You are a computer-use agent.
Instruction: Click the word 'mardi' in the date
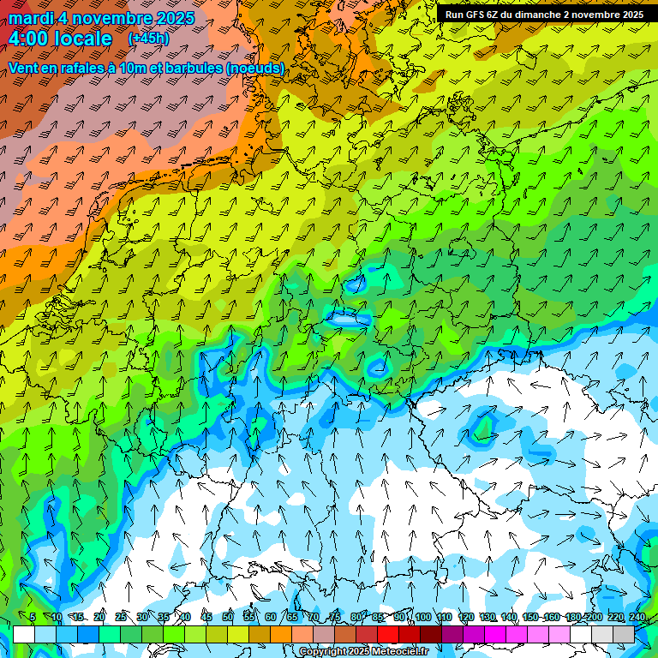31,17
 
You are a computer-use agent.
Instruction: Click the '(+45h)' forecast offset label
148,39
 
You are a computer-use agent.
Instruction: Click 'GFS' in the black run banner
477,15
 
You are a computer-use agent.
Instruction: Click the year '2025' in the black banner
630,15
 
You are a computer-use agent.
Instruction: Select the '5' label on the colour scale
33,617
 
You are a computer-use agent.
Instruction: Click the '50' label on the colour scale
228,617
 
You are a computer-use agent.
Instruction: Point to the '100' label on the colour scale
422,617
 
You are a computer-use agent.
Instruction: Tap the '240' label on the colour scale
637,617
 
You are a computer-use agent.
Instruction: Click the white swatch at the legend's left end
24,635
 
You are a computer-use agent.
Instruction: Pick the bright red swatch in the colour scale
388,635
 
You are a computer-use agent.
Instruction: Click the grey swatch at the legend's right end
624,635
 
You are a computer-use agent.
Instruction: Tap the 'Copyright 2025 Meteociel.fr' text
364,652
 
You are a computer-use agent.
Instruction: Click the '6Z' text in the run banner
498,15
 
